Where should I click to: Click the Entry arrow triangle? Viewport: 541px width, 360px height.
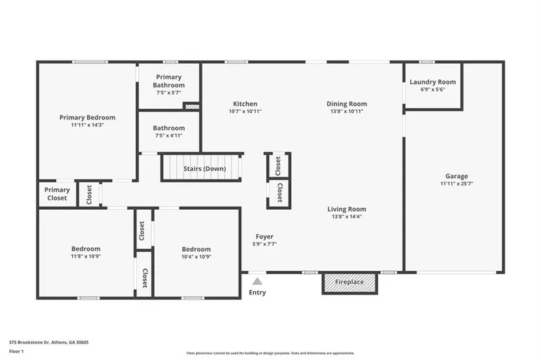pyautogui.click(x=257, y=281)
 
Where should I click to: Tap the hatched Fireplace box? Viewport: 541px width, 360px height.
pyautogui.click(x=350, y=283)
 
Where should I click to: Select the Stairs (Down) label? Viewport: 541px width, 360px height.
pyautogui.click(x=205, y=169)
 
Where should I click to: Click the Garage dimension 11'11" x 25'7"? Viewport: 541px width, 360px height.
pyautogui.click(x=456, y=184)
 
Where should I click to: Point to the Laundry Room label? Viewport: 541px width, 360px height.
pyautogui.click(x=433, y=82)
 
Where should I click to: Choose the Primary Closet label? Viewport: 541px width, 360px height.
pyautogui.click(x=57, y=193)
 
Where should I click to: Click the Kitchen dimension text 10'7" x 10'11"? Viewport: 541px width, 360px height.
pyautogui.click(x=245, y=111)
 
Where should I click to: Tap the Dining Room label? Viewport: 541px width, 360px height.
pyautogui.click(x=347, y=104)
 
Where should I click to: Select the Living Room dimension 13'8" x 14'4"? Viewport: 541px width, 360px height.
pyautogui.click(x=347, y=216)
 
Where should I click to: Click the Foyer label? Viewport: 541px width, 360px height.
pyautogui.click(x=264, y=237)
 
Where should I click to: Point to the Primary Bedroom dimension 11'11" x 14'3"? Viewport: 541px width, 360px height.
pyautogui.click(x=87, y=125)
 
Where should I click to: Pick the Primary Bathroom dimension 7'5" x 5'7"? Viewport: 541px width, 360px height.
pyautogui.click(x=169, y=92)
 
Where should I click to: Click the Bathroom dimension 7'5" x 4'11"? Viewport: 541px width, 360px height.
pyautogui.click(x=169, y=135)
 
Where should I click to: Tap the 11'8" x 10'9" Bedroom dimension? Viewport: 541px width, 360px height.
pyautogui.click(x=86, y=256)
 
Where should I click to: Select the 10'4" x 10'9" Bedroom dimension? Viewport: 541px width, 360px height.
pyautogui.click(x=196, y=256)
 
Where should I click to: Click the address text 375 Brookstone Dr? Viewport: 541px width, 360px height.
pyautogui.click(x=30, y=342)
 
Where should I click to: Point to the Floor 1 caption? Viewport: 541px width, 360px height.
pyautogui.click(x=16, y=351)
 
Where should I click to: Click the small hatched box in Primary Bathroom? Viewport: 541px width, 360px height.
pyautogui.click(x=191, y=106)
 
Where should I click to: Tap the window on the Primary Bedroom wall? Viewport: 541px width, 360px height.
pyautogui.click(x=90, y=62)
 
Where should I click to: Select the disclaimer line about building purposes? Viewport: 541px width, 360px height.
pyautogui.click(x=270, y=353)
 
